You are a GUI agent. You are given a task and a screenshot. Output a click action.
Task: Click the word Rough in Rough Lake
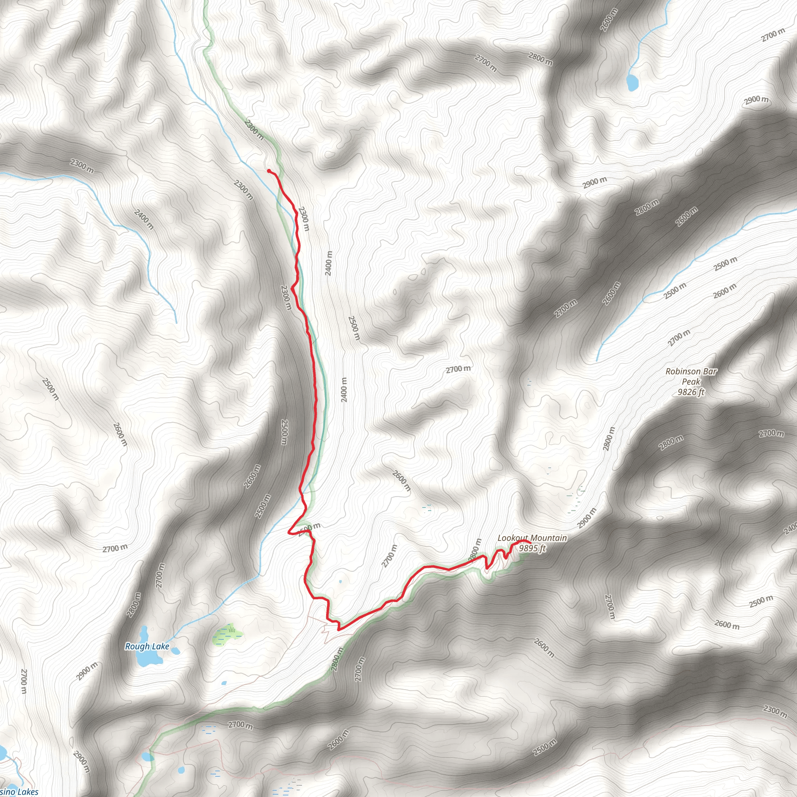137,646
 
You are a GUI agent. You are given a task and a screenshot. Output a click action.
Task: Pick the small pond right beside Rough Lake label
176,651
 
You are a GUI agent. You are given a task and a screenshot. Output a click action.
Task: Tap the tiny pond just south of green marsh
224,683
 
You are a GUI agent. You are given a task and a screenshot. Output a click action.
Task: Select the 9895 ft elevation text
532,548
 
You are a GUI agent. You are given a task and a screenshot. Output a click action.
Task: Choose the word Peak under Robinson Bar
691,382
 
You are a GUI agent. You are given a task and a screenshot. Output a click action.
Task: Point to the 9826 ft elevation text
691,392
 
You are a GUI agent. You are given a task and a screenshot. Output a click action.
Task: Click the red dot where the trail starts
269,171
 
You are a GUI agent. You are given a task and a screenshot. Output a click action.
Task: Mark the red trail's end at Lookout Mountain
528,542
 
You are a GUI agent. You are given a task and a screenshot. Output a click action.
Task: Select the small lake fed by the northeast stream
632,83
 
